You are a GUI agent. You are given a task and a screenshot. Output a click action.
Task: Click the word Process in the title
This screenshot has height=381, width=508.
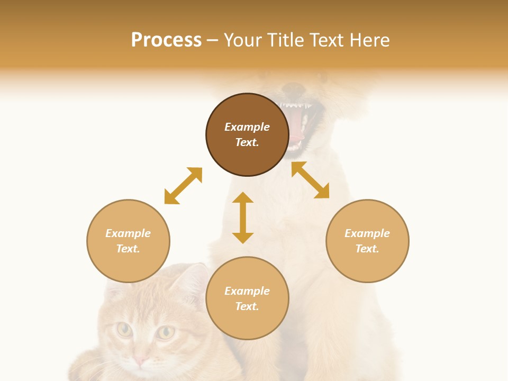(166, 40)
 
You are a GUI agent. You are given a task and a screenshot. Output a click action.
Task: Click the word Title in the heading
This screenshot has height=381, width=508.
(286, 40)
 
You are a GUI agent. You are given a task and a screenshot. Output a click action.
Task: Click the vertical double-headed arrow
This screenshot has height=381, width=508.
(243, 217)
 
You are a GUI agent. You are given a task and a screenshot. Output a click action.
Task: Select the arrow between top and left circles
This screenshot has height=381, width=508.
(183, 186)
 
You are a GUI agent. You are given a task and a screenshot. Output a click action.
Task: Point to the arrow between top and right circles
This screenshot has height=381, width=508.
(310, 180)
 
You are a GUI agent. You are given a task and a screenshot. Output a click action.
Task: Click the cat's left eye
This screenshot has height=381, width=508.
(124, 330)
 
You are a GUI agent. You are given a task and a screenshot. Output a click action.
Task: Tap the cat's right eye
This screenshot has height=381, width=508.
(166, 332)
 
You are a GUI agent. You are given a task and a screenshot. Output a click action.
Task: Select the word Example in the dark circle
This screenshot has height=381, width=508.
(247, 127)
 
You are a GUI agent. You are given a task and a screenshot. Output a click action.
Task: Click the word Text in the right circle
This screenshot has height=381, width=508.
(367, 249)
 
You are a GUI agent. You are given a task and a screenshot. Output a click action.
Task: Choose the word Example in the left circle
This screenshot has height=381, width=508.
(128, 233)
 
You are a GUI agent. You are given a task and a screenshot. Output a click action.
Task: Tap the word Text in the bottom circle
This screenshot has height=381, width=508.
(247, 306)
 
